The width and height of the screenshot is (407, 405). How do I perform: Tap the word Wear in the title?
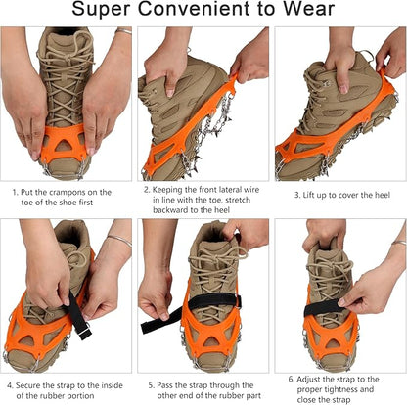(310, 13)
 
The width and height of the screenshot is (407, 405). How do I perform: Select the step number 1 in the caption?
(15, 194)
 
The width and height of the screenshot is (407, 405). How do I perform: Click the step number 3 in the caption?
(295, 194)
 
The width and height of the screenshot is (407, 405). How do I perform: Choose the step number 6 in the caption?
(292, 379)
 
